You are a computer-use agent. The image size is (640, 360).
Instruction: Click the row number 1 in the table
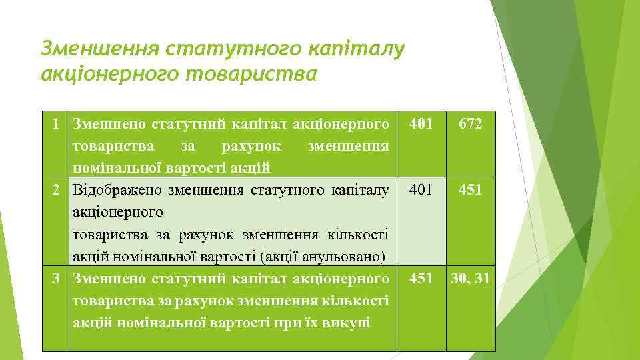click(59, 124)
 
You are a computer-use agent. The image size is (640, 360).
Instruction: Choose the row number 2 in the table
click(59, 191)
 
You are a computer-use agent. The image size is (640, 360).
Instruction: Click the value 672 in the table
click(471, 124)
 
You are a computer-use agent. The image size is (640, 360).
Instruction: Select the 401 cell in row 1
click(421, 124)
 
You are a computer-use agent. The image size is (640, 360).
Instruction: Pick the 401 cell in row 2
click(421, 191)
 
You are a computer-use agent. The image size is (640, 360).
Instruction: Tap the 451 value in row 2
click(471, 191)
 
